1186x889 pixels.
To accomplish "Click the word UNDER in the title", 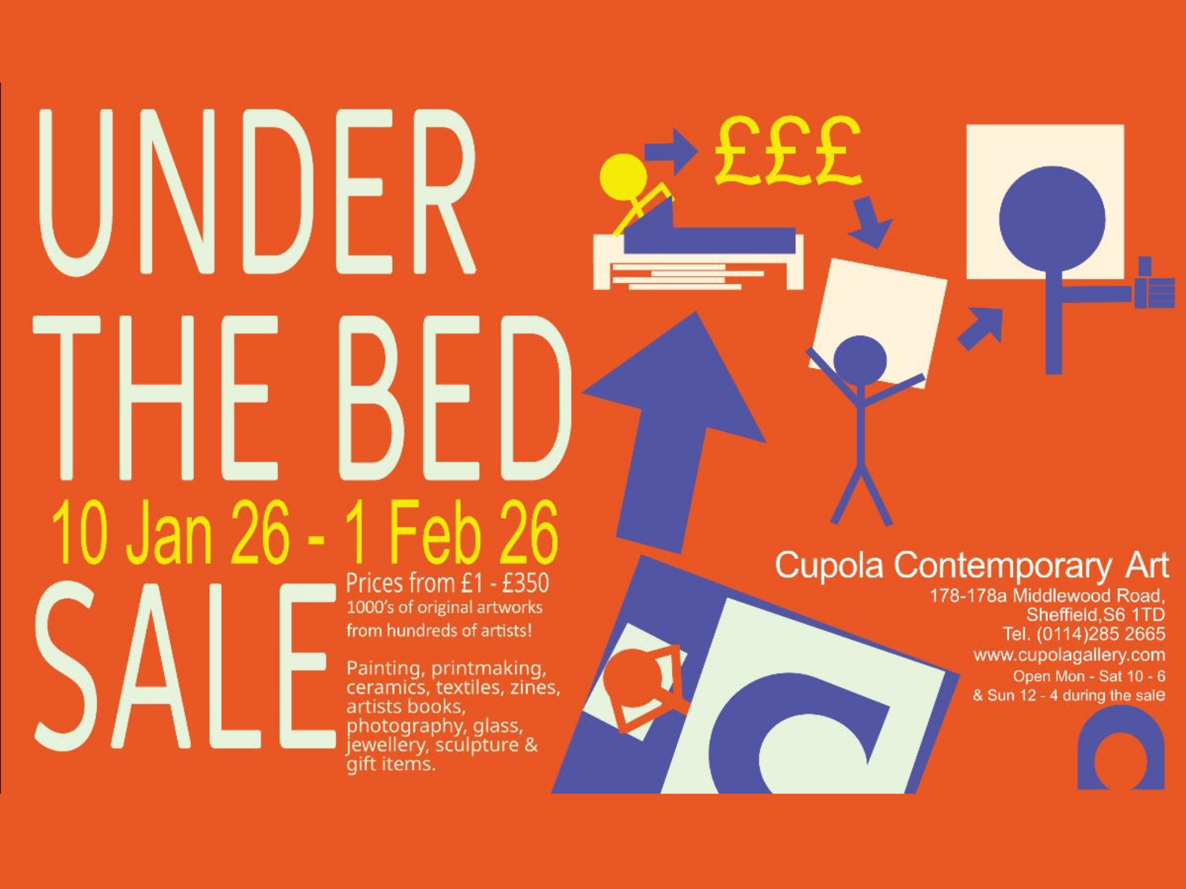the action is (x=257, y=191).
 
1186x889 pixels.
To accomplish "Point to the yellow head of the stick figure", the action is (x=623, y=177).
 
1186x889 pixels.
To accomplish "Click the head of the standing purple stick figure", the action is (x=860, y=360).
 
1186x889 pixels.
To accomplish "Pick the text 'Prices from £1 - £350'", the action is (x=448, y=583).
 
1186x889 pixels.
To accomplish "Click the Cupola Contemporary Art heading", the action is (x=971, y=565).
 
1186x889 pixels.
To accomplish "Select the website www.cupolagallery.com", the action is (x=1069, y=655).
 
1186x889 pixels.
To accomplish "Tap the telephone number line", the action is (x=1084, y=634).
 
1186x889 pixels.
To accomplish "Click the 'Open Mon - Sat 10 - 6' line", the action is (x=1089, y=676).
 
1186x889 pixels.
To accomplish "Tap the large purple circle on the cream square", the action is (x=1052, y=219).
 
